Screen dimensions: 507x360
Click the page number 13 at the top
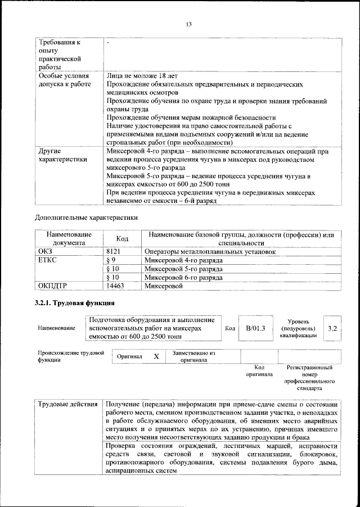(188, 24)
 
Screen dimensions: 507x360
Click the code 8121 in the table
(114, 252)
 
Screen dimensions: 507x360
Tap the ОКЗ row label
(44, 252)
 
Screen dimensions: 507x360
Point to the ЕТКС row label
(47, 260)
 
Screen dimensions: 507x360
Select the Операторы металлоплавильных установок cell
(210, 252)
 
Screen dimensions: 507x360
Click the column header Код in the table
(122, 238)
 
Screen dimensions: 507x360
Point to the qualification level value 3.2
(332, 328)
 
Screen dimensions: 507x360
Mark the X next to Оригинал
(156, 356)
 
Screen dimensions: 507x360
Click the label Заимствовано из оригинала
(194, 356)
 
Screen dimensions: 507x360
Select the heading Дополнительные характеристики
(86, 216)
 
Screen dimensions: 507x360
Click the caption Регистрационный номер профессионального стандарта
(309, 377)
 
